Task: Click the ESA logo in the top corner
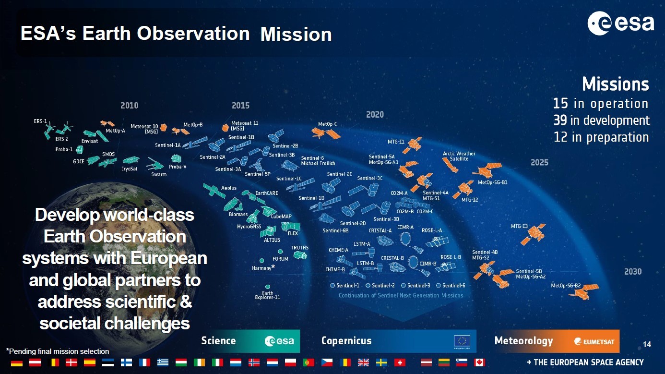620,23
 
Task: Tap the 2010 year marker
130,106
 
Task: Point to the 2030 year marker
633,272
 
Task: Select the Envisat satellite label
90,141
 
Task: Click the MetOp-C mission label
327,124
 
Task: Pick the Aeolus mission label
228,188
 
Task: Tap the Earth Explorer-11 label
267,295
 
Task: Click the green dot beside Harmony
261,261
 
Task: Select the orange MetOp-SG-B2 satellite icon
583,291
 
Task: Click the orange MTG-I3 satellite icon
534,234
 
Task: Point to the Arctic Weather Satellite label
459,156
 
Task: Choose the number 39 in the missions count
560,121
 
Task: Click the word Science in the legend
218,341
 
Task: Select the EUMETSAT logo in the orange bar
594,342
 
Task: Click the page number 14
647,344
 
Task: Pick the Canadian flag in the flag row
479,362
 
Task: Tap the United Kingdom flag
363,362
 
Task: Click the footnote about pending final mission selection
58,351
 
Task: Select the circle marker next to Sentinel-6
438,286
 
